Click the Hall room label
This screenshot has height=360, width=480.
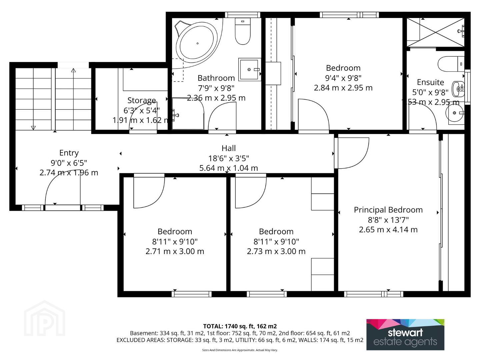click(x=229, y=148)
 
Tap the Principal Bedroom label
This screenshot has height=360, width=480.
click(x=388, y=210)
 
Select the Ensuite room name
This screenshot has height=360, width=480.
click(x=430, y=82)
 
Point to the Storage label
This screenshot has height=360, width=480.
click(x=142, y=100)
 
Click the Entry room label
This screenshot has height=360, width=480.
click(x=69, y=153)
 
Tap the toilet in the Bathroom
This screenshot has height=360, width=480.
click(x=243, y=31)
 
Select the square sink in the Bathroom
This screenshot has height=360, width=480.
click(x=250, y=70)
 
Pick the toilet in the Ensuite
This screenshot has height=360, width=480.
click(x=451, y=64)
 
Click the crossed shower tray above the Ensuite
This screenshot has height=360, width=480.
click(x=435, y=32)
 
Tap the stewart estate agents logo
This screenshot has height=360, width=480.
click(x=405, y=334)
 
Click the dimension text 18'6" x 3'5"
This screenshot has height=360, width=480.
click(x=229, y=158)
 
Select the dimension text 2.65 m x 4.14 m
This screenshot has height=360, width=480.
click(x=388, y=230)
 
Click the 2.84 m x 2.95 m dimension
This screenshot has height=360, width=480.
click(x=343, y=88)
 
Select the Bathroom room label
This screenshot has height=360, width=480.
click(x=216, y=78)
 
